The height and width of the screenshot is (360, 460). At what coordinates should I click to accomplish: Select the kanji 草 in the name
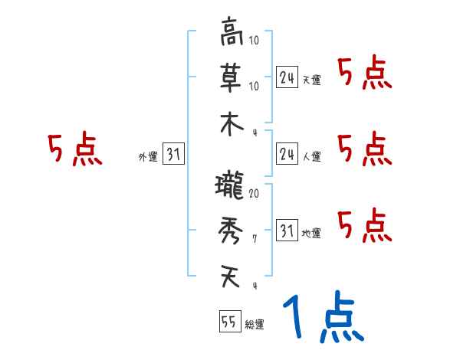pyautogui.click(x=232, y=77)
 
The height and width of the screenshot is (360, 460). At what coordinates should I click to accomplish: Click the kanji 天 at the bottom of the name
pyautogui.click(x=232, y=276)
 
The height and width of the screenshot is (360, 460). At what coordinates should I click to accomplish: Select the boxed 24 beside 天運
pyautogui.click(x=287, y=77)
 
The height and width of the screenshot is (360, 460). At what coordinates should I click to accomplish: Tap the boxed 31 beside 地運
pyautogui.click(x=287, y=231)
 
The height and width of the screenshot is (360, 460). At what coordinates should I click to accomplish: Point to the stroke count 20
pyautogui.click(x=254, y=194)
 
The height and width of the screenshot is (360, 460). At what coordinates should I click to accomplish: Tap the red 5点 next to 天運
pyautogui.click(x=365, y=74)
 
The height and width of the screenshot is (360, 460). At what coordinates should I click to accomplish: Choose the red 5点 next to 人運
pyautogui.click(x=365, y=149)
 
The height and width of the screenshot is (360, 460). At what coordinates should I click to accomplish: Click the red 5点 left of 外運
pyautogui.click(x=75, y=150)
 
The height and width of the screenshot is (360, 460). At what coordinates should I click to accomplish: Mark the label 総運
pyautogui.click(x=255, y=325)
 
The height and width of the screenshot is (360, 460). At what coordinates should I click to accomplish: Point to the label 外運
pyautogui.click(x=147, y=157)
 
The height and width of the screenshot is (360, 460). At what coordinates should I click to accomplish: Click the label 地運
pyautogui.click(x=311, y=233)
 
